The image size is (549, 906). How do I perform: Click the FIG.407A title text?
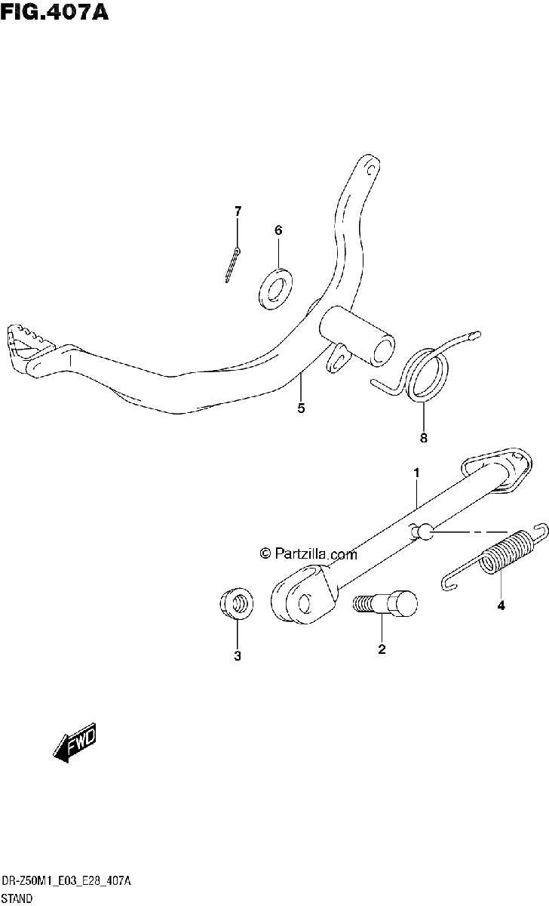54,12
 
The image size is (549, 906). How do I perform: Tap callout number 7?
238,211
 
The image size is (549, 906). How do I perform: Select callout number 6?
278,230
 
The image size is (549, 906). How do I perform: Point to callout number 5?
301,408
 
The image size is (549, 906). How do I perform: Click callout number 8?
423,438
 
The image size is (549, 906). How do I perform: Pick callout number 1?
416,473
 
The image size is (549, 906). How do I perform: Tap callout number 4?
501,606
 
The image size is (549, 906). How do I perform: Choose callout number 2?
382,649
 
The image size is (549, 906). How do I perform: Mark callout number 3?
238,655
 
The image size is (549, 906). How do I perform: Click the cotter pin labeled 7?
233,265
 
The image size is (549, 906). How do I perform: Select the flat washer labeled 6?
275,288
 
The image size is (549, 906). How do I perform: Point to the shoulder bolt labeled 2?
385,603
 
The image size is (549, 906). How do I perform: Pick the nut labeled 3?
237,604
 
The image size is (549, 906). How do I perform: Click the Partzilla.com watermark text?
308,553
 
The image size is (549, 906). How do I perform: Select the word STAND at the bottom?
17,898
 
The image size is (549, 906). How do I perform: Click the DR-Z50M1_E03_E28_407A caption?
66,881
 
